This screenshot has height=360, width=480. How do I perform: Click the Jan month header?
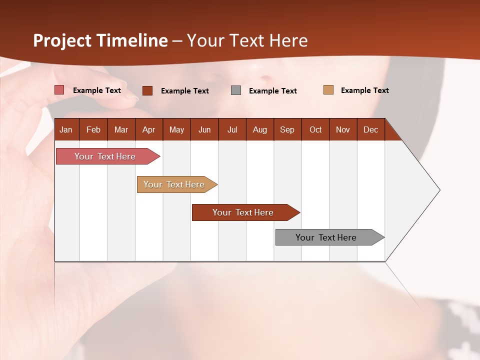pyautogui.click(x=66, y=129)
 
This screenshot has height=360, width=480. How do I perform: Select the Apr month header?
pyautogui.click(x=149, y=129)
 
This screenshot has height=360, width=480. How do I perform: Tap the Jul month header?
pyautogui.click(x=232, y=129)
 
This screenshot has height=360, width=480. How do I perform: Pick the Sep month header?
pyautogui.click(x=287, y=129)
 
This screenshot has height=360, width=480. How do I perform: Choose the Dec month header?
pyautogui.click(x=370, y=129)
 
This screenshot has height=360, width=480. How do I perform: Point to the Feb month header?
pyautogui.click(x=93, y=129)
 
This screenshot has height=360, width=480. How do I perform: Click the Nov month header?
pyautogui.click(x=343, y=129)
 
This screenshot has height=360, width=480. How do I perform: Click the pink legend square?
pyautogui.click(x=59, y=90)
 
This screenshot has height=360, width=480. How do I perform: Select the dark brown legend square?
pyautogui.click(x=147, y=90)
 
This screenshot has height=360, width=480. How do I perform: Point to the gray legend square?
pyautogui.click(x=236, y=90)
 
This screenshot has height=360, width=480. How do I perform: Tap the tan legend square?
pyautogui.click(x=328, y=90)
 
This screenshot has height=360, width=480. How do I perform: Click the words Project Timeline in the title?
pyautogui.click(x=100, y=40)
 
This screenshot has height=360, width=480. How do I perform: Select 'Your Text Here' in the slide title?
pyautogui.click(x=247, y=40)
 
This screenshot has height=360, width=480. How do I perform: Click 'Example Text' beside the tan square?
pyautogui.click(x=364, y=90)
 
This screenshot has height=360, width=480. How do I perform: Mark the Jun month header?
pyautogui.click(x=204, y=129)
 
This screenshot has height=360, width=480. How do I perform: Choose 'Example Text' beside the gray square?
pyautogui.click(x=272, y=91)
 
